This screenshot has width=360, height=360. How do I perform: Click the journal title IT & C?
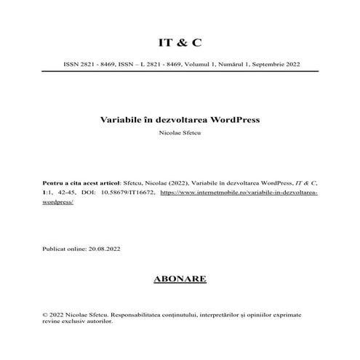coord(180,41)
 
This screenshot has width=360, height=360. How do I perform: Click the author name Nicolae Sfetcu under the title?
coord(180,134)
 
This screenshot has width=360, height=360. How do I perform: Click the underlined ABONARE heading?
coord(180,279)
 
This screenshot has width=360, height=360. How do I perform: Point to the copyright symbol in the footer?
coord(46,314)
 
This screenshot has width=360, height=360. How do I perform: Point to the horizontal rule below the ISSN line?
coord(180,71)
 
